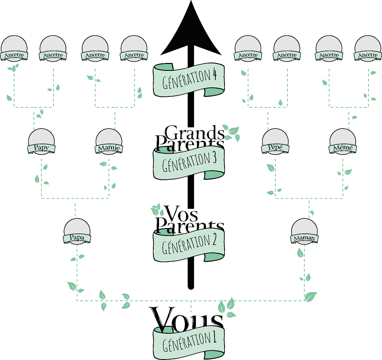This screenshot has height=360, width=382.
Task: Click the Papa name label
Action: [x=77, y=237]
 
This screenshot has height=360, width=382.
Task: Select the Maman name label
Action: [x=304, y=238]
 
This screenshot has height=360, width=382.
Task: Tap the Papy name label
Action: [x=41, y=148]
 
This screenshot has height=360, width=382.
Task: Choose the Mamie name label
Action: [x=108, y=148]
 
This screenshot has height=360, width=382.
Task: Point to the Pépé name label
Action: [x=276, y=148]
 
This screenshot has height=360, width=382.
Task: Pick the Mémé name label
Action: [x=343, y=148]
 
